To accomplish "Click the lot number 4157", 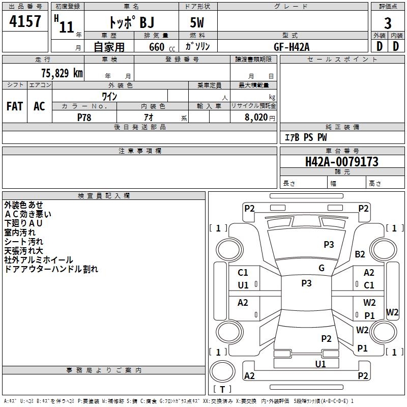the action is tap(25, 21).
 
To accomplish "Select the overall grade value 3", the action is tap(388, 23).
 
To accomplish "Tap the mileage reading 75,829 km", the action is tap(62, 73).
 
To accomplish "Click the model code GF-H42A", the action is tap(292, 47).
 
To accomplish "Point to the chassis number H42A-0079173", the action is tap(342, 162).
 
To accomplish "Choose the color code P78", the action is tap(84, 118).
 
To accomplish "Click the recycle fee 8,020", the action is tap(256, 118).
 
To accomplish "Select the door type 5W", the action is tap(197, 22).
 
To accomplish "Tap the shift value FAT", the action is tap(15, 106).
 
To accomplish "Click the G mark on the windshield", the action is tap(322, 268).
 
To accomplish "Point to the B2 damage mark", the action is tap(360, 254).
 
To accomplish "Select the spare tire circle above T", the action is tap(222, 371).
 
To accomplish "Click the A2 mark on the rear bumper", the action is tap(249, 375).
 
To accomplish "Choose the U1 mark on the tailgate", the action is tap(321, 364).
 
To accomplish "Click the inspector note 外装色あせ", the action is tap(23, 205).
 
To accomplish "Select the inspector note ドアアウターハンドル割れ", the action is tap(51, 269).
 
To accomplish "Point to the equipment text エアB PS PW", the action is tap(306, 137).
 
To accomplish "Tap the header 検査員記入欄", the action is tap(104, 196).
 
